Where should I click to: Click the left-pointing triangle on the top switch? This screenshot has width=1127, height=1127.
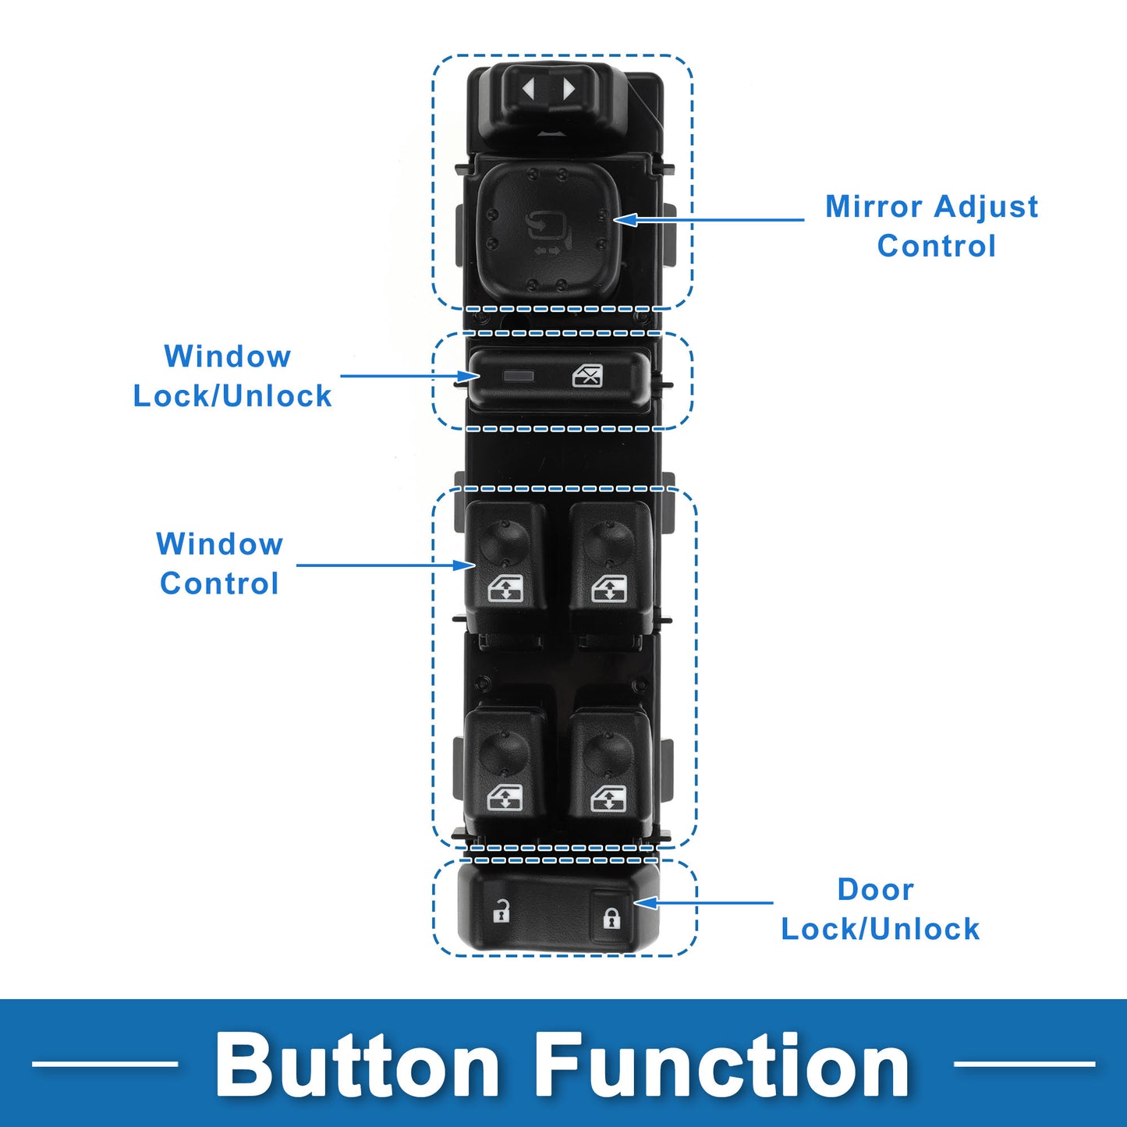tap(529, 89)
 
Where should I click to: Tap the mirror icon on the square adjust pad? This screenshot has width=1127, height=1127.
tap(544, 228)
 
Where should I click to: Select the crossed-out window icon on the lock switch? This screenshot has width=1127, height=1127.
tap(587, 377)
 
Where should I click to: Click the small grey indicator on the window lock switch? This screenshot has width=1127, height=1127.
tap(519, 376)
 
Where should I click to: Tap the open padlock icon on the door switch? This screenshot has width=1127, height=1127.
tap(501, 911)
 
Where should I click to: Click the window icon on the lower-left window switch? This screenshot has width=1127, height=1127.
tap(505, 799)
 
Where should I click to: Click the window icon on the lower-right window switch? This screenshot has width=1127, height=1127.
tap(608, 799)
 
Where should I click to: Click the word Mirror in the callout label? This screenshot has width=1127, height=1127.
tap(874, 207)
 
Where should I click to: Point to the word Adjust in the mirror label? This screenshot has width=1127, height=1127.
tap(986, 207)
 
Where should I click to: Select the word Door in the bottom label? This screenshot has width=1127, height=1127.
tap(875, 890)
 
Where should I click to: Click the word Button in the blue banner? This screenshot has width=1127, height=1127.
tap(357, 1065)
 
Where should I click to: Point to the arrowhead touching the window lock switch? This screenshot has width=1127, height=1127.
tap(470, 377)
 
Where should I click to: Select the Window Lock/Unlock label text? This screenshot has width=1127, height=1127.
tap(232, 376)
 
